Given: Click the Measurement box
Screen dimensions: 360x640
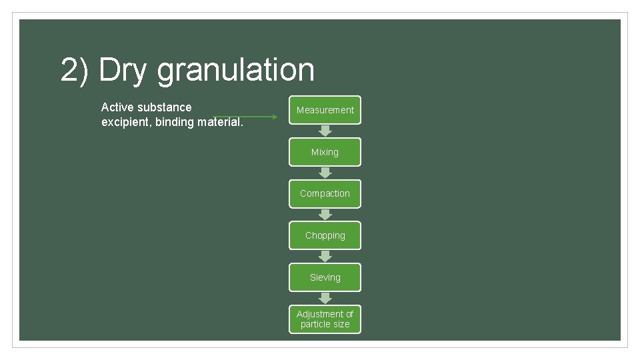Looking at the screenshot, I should click(x=325, y=110).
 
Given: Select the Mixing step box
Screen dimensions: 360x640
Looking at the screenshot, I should click(x=325, y=152).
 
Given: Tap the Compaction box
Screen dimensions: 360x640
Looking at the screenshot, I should click(x=325, y=193).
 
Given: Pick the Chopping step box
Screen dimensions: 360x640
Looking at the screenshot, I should click(x=325, y=235).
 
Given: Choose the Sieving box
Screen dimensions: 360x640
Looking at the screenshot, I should click(x=325, y=277).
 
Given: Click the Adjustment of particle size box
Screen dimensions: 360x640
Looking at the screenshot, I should click(x=325, y=319).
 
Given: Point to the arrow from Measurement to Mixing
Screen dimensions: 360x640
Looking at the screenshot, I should click(x=325, y=131).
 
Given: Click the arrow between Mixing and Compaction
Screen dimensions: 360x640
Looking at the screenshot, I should click(x=325, y=173).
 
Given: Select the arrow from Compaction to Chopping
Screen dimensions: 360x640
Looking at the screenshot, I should click(x=325, y=215).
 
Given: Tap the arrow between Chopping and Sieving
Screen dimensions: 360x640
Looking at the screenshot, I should click(x=325, y=256).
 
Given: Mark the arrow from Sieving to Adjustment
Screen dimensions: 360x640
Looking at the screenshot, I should click(x=325, y=298).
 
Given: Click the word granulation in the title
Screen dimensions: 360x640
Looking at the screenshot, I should click(x=235, y=71).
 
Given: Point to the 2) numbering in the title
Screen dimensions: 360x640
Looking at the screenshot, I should click(x=75, y=71).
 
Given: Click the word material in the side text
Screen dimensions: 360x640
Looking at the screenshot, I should click(x=219, y=122).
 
